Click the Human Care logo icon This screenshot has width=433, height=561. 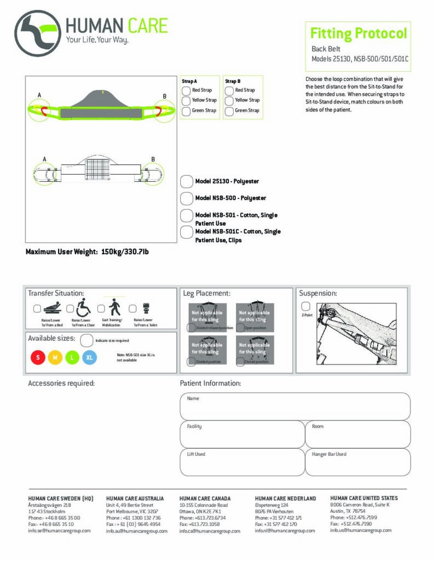[x=37, y=33]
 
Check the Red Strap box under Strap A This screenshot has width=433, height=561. [x=186, y=90]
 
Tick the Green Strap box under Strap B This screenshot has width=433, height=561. [x=229, y=111]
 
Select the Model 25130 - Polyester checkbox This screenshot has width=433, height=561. [x=187, y=181]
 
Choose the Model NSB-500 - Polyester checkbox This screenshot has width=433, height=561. [x=187, y=198]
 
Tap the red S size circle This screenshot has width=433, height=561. [x=38, y=358]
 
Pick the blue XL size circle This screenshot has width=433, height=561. [x=90, y=358]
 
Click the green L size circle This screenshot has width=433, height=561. [x=72, y=358]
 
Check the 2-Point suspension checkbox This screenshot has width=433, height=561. [x=305, y=306]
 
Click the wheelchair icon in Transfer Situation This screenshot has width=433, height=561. [x=84, y=307]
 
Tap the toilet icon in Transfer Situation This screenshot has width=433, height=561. [x=146, y=307]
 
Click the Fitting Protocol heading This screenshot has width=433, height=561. [x=359, y=33]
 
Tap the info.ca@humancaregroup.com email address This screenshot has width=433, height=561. [x=210, y=531]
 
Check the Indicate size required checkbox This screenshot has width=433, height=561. [x=86, y=340]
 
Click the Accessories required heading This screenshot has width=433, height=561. [x=61, y=383]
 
